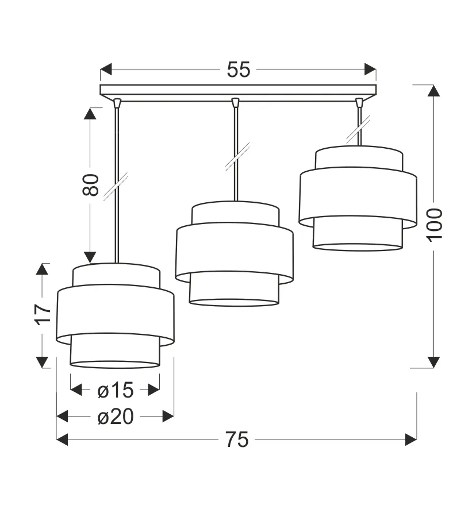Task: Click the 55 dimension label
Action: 238,70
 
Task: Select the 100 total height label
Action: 435,224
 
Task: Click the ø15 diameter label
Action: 115,390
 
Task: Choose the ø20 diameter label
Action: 115,417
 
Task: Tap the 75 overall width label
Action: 236,439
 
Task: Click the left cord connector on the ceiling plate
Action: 117,103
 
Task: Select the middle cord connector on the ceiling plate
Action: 235,103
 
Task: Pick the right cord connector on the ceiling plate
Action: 359,103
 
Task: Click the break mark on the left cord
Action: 116,185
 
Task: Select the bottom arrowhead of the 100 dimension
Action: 434,361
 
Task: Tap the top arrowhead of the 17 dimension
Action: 43,269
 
